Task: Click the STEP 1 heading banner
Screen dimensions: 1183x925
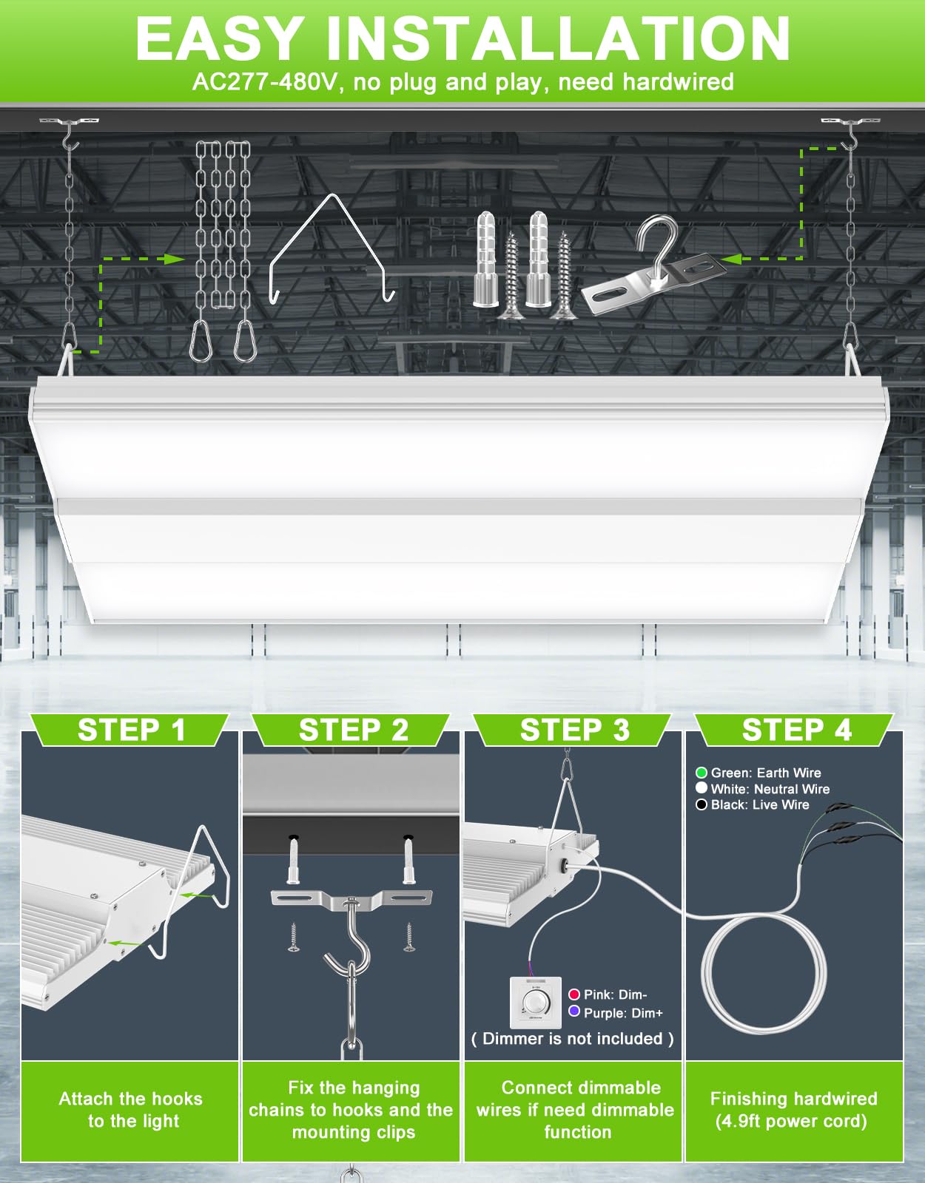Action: tap(131, 730)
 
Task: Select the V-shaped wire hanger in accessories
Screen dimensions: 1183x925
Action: tap(331, 248)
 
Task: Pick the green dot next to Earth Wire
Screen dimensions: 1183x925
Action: tap(702, 773)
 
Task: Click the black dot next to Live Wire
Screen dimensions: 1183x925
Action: tap(702, 804)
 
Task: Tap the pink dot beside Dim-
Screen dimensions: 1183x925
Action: tap(573, 994)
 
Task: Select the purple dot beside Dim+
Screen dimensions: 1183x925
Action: tap(573, 1011)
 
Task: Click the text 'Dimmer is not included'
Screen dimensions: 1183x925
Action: tap(573, 1039)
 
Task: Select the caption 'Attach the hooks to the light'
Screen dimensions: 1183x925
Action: tap(131, 1110)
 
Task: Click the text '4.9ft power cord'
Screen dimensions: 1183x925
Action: tap(791, 1122)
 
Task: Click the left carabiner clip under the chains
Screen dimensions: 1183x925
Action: tap(200, 341)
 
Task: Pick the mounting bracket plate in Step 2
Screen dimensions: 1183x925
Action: tap(351, 898)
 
